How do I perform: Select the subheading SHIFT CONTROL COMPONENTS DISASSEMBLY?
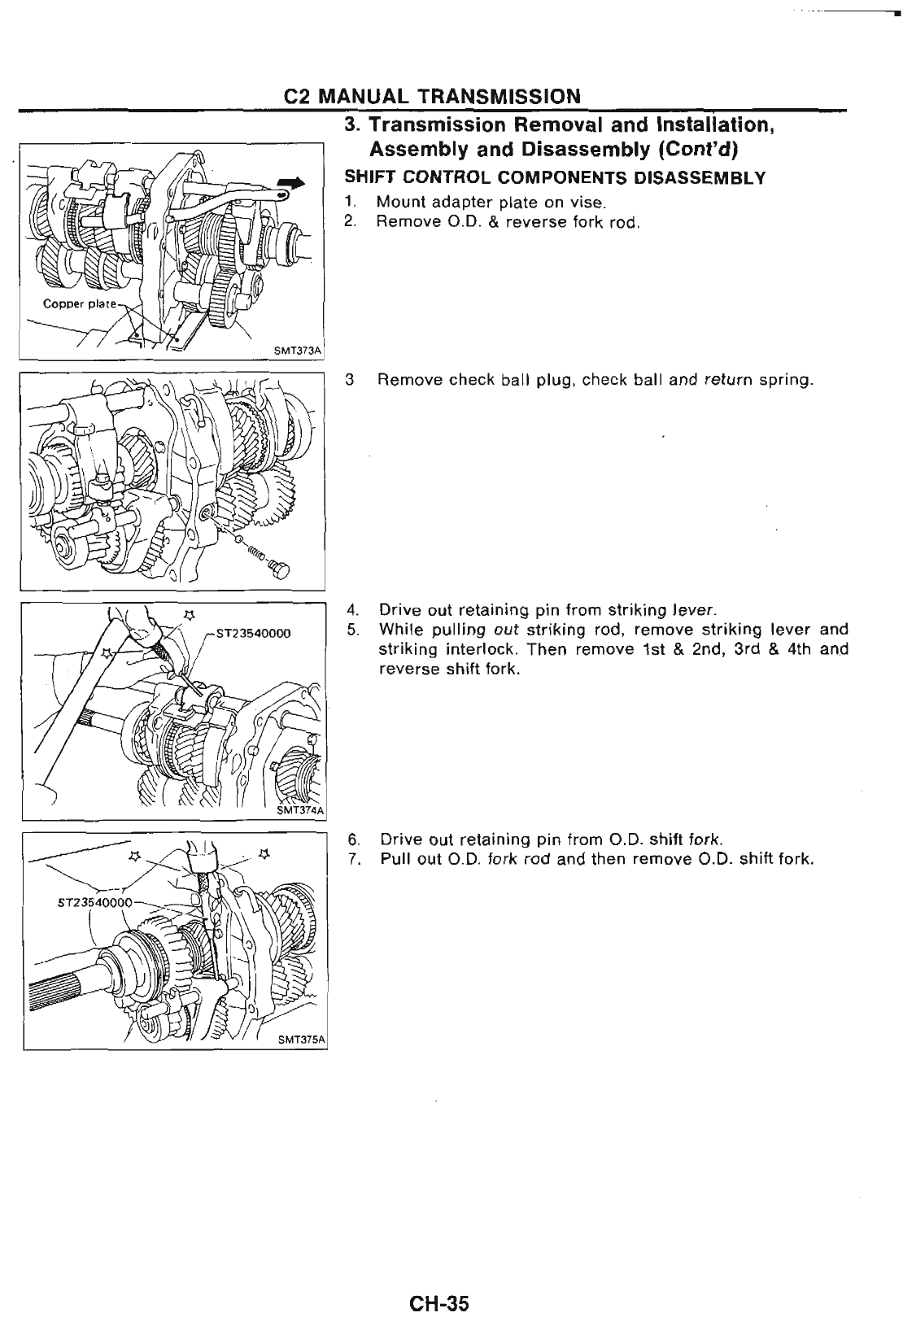click(555, 178)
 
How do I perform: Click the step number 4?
click(351, 609)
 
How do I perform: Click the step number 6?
click(351, 839)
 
